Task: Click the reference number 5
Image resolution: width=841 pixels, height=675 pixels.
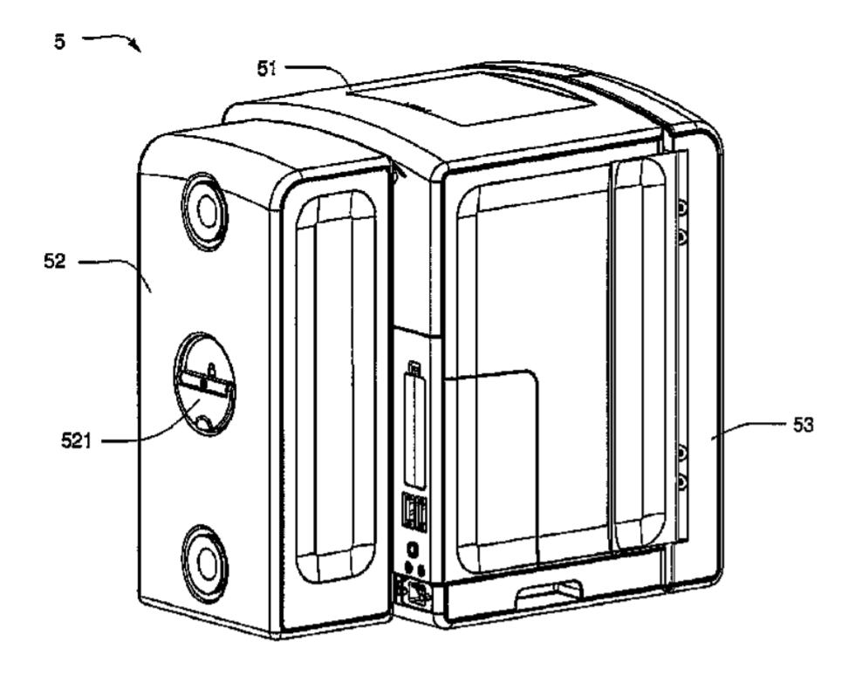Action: [59, 41]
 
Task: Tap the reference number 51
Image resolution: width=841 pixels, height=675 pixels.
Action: [267, 69]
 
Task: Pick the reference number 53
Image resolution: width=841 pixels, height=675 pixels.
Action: [803, 426]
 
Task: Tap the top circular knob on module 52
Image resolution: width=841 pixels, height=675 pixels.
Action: [205, 209]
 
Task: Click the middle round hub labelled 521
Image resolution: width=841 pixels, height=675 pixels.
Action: [204, 384]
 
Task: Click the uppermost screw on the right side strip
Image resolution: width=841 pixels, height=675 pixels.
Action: [682, 208]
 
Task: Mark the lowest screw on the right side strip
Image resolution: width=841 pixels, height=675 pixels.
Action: [682, 481]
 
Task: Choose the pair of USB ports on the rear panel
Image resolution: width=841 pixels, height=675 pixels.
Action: [414, 513]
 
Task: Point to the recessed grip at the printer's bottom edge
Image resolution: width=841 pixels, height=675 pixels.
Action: [548, 596]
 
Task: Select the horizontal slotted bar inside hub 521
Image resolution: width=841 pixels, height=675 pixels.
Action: [205, 382]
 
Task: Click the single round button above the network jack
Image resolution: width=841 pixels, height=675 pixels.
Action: [413, 550]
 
